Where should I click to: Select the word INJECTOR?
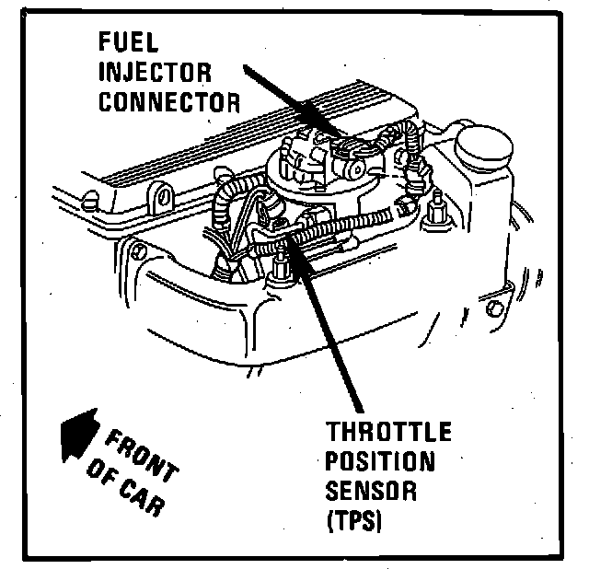tap(154, 71)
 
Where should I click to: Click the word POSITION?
tap(380, 462)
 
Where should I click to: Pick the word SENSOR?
tap(372, 492)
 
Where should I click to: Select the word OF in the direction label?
tap(98, 476)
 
